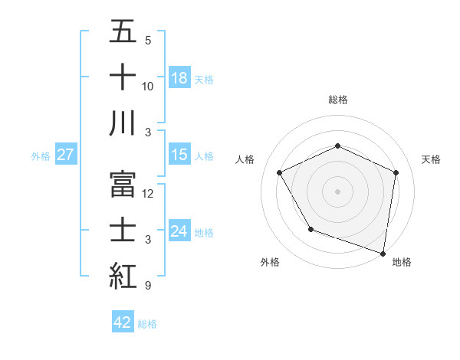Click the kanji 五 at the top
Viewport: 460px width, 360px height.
tap(123, 32)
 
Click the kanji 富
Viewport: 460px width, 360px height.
tap(123, 184)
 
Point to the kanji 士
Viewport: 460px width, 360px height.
tap(123, 230)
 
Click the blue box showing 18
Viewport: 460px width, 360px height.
tap(179, 77)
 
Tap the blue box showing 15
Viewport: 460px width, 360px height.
tap(179, 155)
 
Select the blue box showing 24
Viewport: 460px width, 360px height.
tap(179, 231)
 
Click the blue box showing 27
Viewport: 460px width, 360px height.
tap(66, 155)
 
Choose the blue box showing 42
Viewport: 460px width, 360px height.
tap(123, 322)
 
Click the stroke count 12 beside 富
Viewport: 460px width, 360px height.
tap(148, 194)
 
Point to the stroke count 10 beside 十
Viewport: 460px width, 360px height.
tap(148, 87)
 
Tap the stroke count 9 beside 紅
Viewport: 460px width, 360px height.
tap(148, 286)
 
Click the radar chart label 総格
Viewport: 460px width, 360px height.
tap(338, 100)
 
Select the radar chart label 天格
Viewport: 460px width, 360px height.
tap(431, 159)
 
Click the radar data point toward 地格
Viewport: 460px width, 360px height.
tap(383, 253)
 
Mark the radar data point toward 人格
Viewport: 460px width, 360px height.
tap(280, 172)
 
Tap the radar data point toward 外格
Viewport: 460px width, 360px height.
tap(310, 229)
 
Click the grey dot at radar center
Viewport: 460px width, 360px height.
tap(337, 191)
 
